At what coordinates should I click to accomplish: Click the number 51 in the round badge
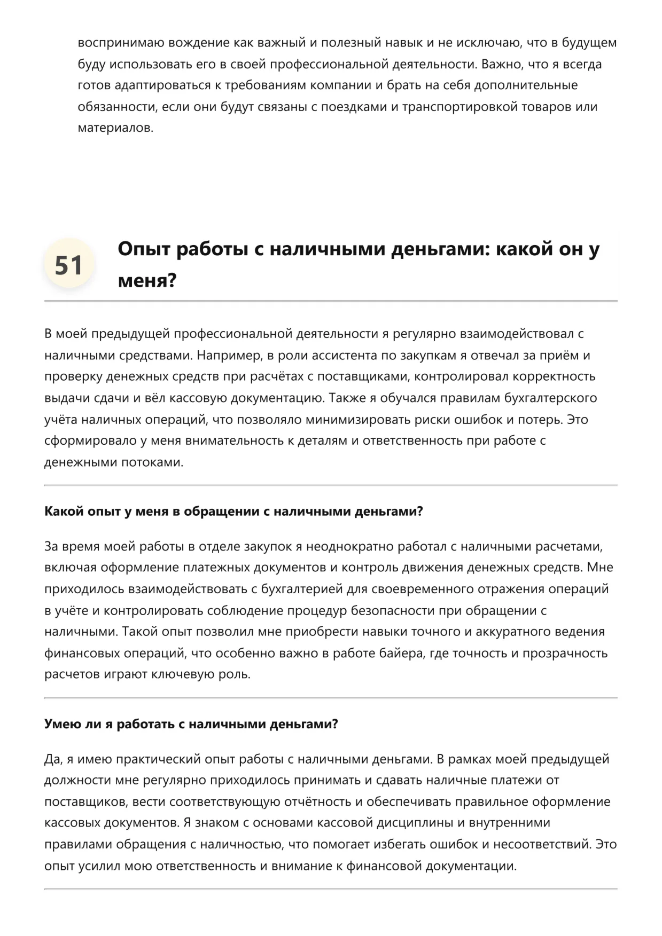[69, 265]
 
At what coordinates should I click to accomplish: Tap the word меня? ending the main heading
[147, 280]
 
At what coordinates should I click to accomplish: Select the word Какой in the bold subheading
[64, 512]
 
